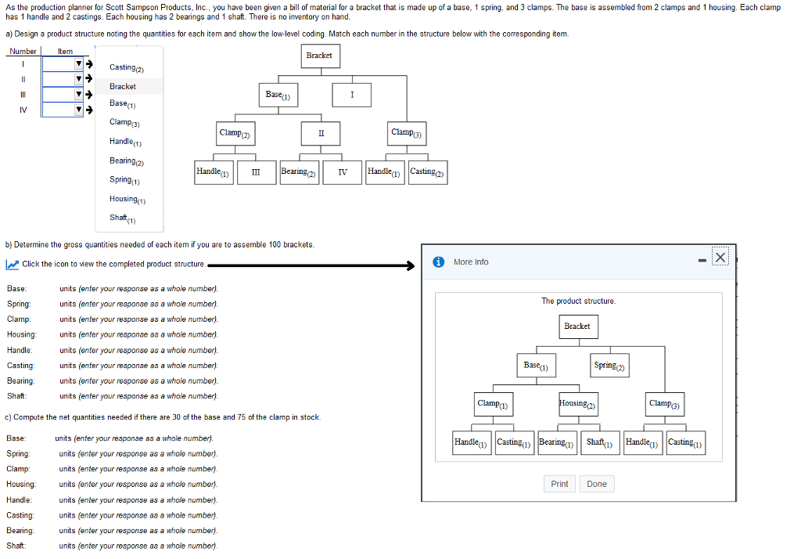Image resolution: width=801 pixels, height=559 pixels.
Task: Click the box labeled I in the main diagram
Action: [x=351, y=96]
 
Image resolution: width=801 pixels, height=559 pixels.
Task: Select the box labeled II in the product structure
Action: [x=321, y=133]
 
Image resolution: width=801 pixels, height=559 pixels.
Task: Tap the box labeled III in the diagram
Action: [x=256, y=172]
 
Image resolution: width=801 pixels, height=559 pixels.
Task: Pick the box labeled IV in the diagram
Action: [x=343, y=172]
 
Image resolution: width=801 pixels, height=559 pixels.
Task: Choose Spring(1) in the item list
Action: [x=124, y=180]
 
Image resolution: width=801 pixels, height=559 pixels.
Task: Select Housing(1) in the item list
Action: [x=128, y=200]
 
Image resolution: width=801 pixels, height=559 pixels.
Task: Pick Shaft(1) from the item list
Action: [x=123, y=218]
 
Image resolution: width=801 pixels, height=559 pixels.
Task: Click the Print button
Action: [x=559, y=484]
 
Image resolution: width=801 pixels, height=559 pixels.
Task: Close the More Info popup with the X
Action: [x=720, y=258]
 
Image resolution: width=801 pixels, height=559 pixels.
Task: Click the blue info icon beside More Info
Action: [x=438, y=261]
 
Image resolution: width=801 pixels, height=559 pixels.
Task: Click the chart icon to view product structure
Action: [x=13, y=265]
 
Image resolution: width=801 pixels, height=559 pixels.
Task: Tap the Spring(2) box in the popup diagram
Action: [x=609, y=366]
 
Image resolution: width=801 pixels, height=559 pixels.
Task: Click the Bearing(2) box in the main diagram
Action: [x=299, y=172]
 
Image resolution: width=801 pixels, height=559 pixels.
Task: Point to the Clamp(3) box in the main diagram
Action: [x=407, y=133]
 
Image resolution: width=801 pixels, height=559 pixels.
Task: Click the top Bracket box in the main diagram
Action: [x=320, y=56]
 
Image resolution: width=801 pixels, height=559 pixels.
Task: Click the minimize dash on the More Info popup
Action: [x=702, y=261]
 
